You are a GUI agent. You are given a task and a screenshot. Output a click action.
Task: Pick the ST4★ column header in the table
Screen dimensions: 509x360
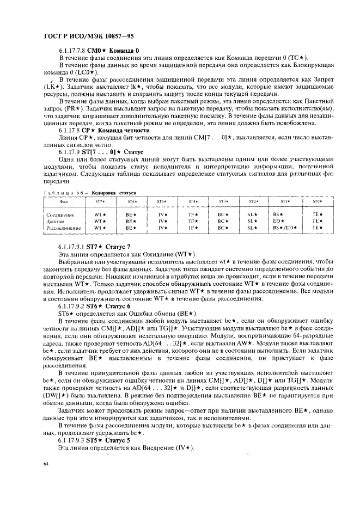(x=192, y=201)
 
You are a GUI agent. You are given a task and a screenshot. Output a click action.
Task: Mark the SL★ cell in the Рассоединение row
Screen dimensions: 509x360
(x=251, y=228)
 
